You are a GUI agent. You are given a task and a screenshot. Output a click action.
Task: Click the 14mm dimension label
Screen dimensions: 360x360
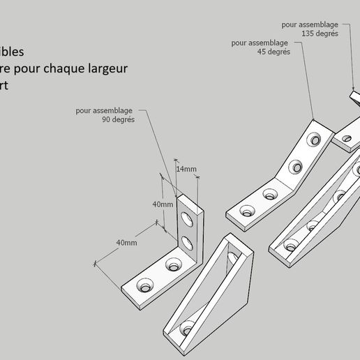[186, 169]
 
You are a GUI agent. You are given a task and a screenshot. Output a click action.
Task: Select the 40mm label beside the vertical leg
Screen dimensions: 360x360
[163, 204]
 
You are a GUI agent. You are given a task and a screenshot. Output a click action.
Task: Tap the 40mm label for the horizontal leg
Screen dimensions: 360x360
[126, 242]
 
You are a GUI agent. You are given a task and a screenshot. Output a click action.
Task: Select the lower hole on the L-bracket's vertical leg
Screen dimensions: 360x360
[188, 243]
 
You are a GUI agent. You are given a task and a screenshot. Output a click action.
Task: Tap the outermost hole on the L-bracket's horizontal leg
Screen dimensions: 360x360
[146, 286]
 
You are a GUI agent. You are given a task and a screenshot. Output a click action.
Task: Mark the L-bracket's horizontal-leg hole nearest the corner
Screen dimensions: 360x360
[172, 265]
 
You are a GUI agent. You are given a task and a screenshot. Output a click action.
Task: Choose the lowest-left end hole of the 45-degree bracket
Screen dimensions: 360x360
[247, 209]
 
